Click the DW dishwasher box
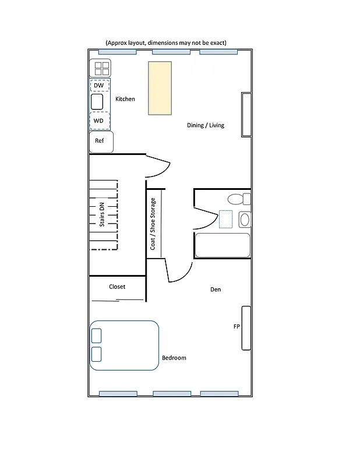(x=100, y=86)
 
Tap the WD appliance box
(x=100, y=121)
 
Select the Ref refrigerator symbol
(x=101, y=142)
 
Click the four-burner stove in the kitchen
(x=100, y=69)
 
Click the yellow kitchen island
(x=159, y=88)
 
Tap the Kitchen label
(x=125, y=99)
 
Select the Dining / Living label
(x=205, y=125)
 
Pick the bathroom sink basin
(x=245, y=220)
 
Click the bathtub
(x=223, y=245)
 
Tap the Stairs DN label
(x=103, y=214)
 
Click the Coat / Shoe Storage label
(x=153, y=224)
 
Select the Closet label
(x=117, y=287)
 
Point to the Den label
(x=216, y=290)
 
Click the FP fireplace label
(x=237, y=327)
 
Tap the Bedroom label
(x=174, y=358)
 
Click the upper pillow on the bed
(x=97, y=335)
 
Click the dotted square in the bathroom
(x=225, y=219)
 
